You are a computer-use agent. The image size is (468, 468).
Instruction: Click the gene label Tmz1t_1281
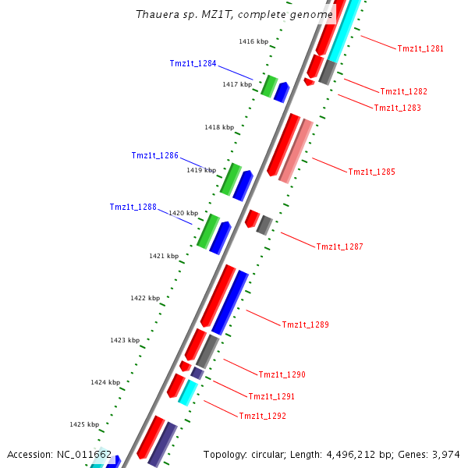click(420, 48)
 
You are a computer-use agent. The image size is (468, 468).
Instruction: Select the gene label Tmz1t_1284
click(193, 64)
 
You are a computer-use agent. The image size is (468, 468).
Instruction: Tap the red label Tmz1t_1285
click(371, 172)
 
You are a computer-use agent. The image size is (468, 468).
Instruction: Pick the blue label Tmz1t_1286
click(155, 156)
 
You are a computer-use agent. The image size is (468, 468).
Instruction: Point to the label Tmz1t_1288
click(133, 207)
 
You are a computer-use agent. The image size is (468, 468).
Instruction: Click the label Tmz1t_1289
click(305, 324)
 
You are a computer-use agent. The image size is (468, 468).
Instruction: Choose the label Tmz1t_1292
click(262, 417)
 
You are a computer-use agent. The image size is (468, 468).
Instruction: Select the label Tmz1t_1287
click(339, 246)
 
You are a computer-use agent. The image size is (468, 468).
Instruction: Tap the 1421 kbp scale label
click(164, 256)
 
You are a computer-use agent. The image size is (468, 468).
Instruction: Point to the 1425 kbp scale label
click(84, 425)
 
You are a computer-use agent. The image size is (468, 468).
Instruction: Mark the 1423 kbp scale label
click(125, 341)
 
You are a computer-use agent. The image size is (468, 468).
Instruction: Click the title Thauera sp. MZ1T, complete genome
click(234, 15)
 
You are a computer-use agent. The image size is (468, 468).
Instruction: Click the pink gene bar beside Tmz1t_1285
click(296, 151)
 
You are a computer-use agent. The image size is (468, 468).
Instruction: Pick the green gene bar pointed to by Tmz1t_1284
click(269, 86)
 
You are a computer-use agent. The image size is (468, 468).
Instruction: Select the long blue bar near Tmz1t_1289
click(230, 302)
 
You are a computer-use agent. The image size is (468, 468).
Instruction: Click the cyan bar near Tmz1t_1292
click(186, 392)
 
